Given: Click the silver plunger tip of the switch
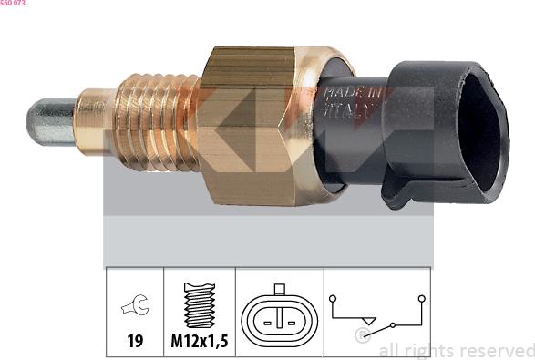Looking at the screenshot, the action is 50,122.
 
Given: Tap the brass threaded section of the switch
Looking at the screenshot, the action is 157,122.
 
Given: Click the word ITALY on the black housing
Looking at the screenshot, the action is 346,109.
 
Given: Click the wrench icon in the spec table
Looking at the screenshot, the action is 136,304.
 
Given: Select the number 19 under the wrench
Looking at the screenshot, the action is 135,341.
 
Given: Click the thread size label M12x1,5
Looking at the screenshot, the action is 200,341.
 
